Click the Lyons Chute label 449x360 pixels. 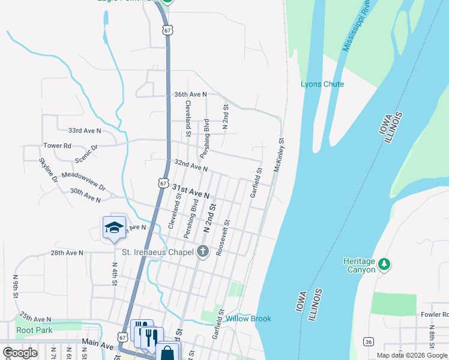coord(322,84)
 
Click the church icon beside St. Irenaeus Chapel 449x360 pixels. coord(203,252)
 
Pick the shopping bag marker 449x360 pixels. coord(167,353)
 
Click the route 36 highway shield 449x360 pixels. coord(368,341)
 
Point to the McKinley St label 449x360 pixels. coord(279,156)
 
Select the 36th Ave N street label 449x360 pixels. coord(190,95)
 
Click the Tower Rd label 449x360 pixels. coord(57,146)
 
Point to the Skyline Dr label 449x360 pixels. coord(48,170)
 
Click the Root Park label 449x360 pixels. coord(34,330)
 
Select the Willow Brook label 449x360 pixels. coord(249,319)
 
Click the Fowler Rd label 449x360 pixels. coord(434,314)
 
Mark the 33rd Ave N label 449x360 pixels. coord(85,130)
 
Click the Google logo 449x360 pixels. coord(20,353)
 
